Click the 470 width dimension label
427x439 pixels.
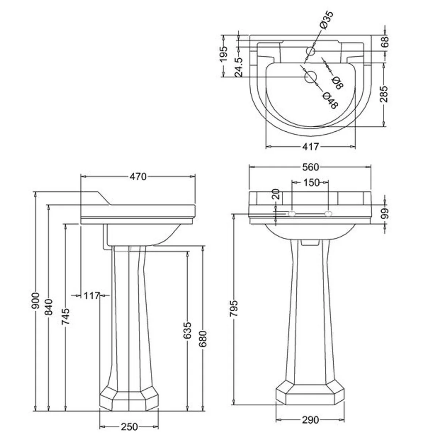(x=138, y=177)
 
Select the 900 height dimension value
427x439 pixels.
(x=35, y=300)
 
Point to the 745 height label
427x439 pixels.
(x=65, y=317)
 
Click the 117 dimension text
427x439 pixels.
(x=91, y=295)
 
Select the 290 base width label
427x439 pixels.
(x=310, y=420)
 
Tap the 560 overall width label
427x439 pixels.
(x=311, y=167)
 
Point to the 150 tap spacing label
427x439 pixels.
(x=311, y=182)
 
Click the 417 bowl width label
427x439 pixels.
(x=310, y=147)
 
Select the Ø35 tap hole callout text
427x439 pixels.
(x=326, y=20)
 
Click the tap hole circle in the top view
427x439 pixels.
(x=311, y=50)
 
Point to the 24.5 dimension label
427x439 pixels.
(x=239, y=67)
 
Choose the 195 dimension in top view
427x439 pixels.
(x=224, y=54)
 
